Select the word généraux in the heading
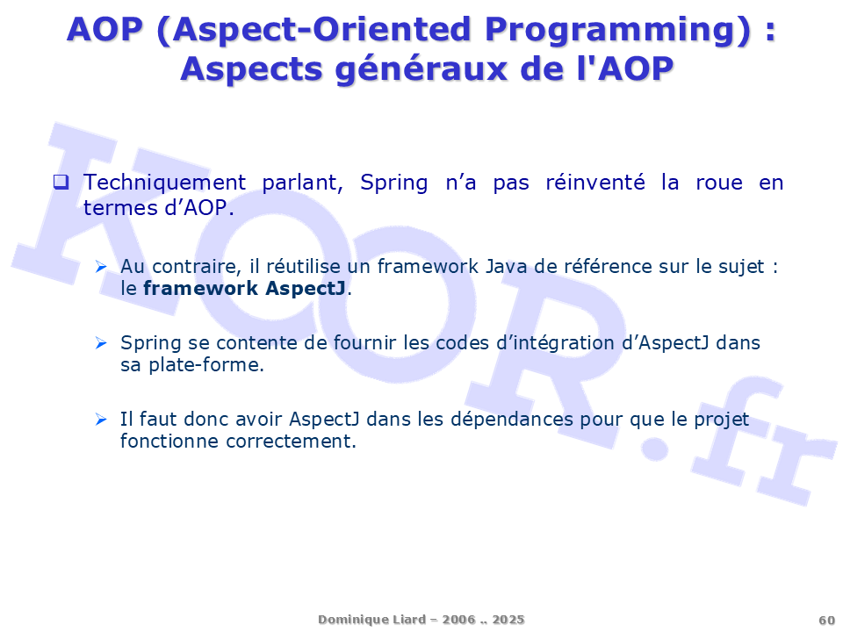[421, 70]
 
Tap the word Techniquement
[164, 183]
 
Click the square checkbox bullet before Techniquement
[61, 183]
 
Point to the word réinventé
[595, 183]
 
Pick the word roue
[719, 183]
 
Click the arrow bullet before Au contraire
[100, 267]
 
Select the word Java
[506, 267]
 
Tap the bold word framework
[200, 289]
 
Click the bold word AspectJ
[306, 289]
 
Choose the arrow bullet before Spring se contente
[100, 343]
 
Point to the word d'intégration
[555, 343]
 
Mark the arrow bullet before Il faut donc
[100, 420]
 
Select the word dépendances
[512, 420]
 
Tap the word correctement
[291, 442]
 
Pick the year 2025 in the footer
[508, 620]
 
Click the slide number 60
[827, 621]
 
